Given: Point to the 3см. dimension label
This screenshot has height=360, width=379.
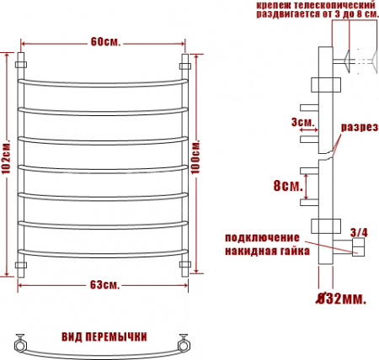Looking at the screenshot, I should pos(301,123).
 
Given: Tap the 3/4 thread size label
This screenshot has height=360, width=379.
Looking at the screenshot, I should pos(357,231).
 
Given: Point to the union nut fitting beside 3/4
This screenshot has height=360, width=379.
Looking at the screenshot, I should pos(357,246).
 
